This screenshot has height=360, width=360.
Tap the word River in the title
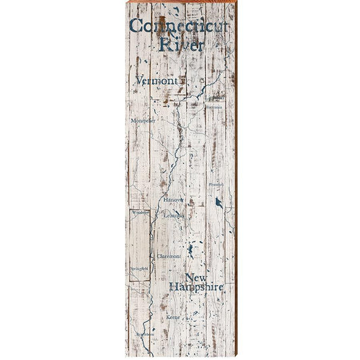[180, 45]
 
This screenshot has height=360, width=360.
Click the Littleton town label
[215, 97]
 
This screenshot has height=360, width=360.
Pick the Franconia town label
[214, 107]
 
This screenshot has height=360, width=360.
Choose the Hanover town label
[173, 200]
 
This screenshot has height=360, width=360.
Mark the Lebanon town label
[174, 215]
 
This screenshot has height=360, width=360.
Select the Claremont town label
[169, 257]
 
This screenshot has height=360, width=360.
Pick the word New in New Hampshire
[196, 278]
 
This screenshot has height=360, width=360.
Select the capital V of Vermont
[139, 80]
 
